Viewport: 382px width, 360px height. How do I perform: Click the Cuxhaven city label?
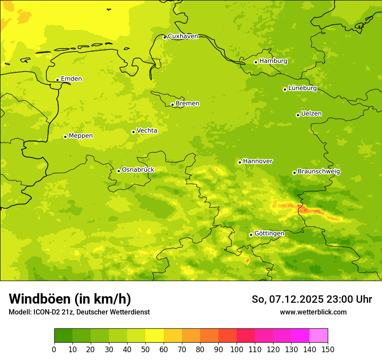tap(183, 36)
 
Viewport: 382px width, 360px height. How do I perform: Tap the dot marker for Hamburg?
tap(256, 62)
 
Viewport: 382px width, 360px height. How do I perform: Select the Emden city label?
tap(71, 79)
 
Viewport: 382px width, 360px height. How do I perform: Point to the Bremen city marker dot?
tap(172, 105)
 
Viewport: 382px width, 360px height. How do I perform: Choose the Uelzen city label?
tap(311, 114)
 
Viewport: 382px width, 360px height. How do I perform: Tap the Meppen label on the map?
tap(81, 136)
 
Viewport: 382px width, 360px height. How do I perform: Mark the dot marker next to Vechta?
tap(133, 132)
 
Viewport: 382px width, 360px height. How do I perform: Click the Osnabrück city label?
tap(138, 170)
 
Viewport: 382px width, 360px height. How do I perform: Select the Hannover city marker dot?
tap(240, 162)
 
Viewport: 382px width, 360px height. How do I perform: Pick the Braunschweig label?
tap(319, 172)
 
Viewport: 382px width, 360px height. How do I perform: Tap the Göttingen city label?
tap(269, 234)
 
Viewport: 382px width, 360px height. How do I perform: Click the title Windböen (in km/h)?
tap(70, 299)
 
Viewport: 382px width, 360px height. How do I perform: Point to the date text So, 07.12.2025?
tap(281, 299)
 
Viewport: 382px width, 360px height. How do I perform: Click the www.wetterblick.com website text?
tap(313, 312)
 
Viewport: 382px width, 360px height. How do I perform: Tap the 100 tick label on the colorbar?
tap(237, 349)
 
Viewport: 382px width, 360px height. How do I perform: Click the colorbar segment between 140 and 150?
tap(319, 336)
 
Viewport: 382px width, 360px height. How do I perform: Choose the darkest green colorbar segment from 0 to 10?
tap(63, 336)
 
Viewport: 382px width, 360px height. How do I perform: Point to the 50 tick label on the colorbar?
tap(145, 349)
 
